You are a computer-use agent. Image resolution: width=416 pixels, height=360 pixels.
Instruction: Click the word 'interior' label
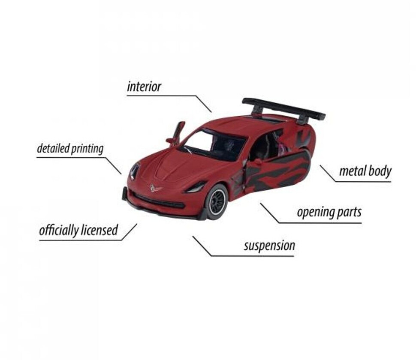pyautogui.click(x=144, y=87)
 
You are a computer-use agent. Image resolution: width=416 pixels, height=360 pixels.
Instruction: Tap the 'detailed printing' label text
pyautogui.click(x=70, y=149)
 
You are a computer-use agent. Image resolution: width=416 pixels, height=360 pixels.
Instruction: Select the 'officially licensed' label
pyautogui.click(x=78, y=230)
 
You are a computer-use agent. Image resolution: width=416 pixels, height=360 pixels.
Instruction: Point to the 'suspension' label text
pyautogui.click(x=269, y=246)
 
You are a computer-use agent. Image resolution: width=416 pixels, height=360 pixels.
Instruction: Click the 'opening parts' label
pyautogui.click(x=329, y=212)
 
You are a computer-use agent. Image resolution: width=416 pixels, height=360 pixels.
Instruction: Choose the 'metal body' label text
pyautogui.click(x=365, y=171)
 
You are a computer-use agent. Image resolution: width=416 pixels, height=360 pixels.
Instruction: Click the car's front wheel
pyautogui.click(x=216, y=201)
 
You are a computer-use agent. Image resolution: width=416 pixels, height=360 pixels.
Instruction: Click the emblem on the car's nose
pyautogui.click(x=154, y=188)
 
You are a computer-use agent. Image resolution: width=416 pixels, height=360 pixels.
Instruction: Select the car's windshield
pyautogui.click(x=214, y=144)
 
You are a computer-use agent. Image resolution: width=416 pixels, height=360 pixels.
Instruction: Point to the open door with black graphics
pyautogui.click(x=279, y=171)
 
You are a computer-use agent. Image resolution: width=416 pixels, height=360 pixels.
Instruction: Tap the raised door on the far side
pyautogui.click(x=177, y=132)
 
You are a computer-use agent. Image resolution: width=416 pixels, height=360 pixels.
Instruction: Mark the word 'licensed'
pyautogui.click(x=99, y=230)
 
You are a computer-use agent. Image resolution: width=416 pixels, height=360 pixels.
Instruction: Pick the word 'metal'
pyautogui.click(x=351, y=171)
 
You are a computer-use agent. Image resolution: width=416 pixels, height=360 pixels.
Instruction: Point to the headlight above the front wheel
pyautogui.click(x=196, y=187)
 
